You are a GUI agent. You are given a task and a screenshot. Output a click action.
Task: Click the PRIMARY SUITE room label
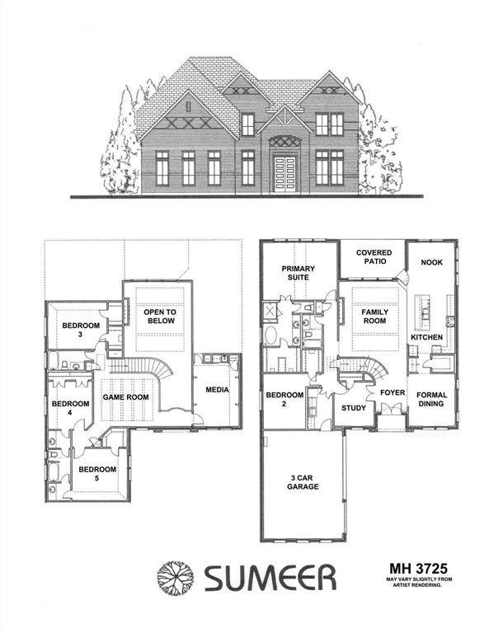click(294, 274)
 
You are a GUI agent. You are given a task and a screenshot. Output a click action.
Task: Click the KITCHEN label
click(427, 338)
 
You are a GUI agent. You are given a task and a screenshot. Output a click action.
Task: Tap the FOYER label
click(392, 393)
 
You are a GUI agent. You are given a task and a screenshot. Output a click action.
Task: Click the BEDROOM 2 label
click(284, 400)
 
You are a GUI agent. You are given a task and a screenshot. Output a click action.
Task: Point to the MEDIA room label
click(218, 390)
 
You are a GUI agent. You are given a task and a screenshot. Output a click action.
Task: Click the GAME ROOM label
click(124, 397)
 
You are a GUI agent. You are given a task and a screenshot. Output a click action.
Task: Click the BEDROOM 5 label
click(97, 474)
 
